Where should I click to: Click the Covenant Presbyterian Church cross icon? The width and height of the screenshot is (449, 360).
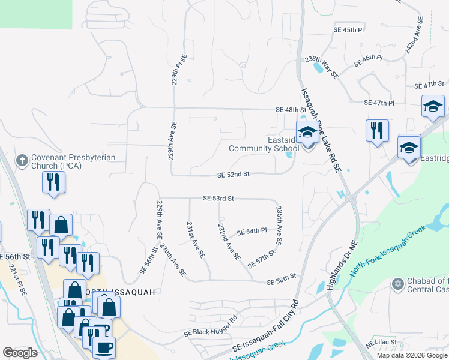[22, 160]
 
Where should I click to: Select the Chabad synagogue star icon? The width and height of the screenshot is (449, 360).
[396, 283]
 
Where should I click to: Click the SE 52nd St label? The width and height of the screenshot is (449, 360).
[233, 175]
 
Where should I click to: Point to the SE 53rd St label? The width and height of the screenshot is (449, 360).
[218, 198]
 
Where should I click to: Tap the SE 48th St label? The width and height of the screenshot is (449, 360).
[291, 110]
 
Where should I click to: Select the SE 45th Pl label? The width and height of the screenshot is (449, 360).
[349, 29]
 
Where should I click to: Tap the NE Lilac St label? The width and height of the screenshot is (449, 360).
[381, 342]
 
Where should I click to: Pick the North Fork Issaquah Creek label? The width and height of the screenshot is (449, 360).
[388, 250]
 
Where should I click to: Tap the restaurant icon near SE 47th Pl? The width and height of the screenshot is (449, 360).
[377, 130]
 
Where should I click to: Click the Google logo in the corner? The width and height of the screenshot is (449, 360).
[20, 353]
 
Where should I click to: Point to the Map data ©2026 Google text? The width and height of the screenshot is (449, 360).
[412, 355]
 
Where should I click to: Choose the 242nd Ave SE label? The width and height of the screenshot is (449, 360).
[414, 36]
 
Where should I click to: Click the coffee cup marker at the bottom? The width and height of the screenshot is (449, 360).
[105, 347]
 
